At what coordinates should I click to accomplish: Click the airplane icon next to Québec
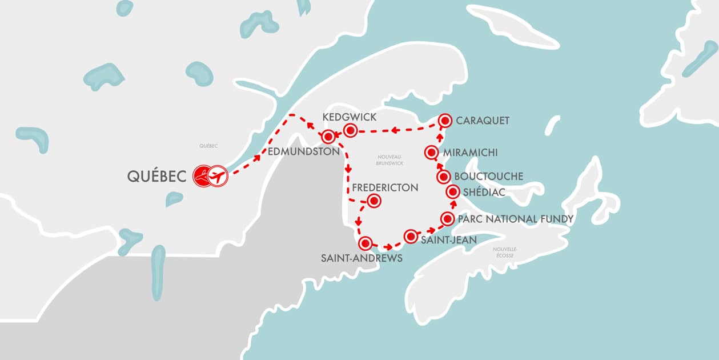218,176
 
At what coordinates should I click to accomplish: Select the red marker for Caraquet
445,120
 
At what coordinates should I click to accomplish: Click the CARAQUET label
483,121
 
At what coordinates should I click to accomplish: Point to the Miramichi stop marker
432,153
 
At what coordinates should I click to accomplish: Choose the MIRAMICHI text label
470,153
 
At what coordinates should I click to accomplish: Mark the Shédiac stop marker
453,192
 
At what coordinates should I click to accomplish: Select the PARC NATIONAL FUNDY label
516,219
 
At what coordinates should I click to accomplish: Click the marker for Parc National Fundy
448,219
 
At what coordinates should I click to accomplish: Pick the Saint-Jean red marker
411,236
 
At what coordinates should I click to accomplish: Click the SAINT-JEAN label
448,240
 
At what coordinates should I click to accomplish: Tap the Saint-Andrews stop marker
365,242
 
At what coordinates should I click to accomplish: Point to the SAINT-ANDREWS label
362,258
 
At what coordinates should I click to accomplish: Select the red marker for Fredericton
373,201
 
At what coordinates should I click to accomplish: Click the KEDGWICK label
349,117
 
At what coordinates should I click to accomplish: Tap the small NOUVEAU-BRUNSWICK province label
390,159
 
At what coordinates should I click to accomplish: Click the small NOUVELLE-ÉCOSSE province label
505,253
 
